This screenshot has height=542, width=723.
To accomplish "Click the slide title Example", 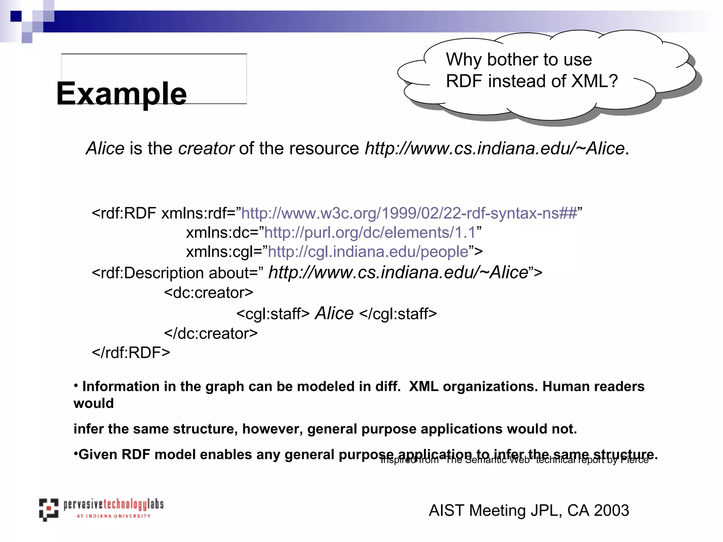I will [121, 94].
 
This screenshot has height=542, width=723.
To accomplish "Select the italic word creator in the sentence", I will [206, 148].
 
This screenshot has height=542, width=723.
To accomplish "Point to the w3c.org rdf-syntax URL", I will [409, 213].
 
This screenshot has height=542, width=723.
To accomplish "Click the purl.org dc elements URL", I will [370, 233].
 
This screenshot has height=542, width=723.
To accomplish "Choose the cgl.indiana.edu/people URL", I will [368, 252].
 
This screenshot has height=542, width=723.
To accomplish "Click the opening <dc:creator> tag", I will [208, 293].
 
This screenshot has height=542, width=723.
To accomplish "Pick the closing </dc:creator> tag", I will [211, 333].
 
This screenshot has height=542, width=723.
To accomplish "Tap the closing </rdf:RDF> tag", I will [131, 353].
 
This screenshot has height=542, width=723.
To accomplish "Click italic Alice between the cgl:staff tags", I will [334, 313].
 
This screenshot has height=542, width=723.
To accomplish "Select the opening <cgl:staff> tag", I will [273, 314].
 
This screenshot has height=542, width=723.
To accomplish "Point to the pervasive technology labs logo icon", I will [48, 510].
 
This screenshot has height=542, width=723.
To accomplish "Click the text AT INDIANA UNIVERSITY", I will [113, 516].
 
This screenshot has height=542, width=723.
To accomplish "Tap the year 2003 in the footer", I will [611, 511].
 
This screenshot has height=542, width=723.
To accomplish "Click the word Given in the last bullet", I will [98, 454].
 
